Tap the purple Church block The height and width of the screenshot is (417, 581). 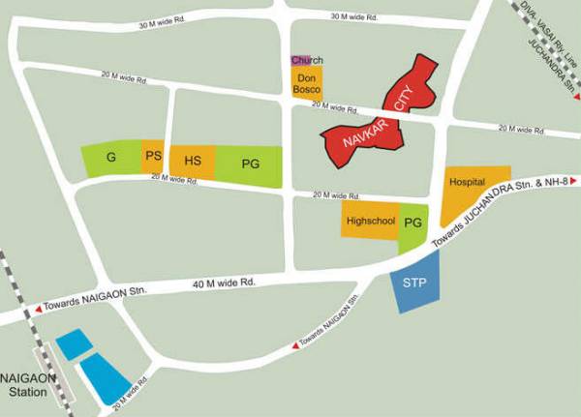tap(300, 61)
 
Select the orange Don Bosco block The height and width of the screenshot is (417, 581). tap(307, 83)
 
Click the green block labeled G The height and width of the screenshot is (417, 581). tap(111, 158)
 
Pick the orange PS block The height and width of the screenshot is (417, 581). tap(153, 157)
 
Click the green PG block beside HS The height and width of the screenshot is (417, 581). tap(250, 165)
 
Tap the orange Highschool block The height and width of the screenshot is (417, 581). tap(369, 222)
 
